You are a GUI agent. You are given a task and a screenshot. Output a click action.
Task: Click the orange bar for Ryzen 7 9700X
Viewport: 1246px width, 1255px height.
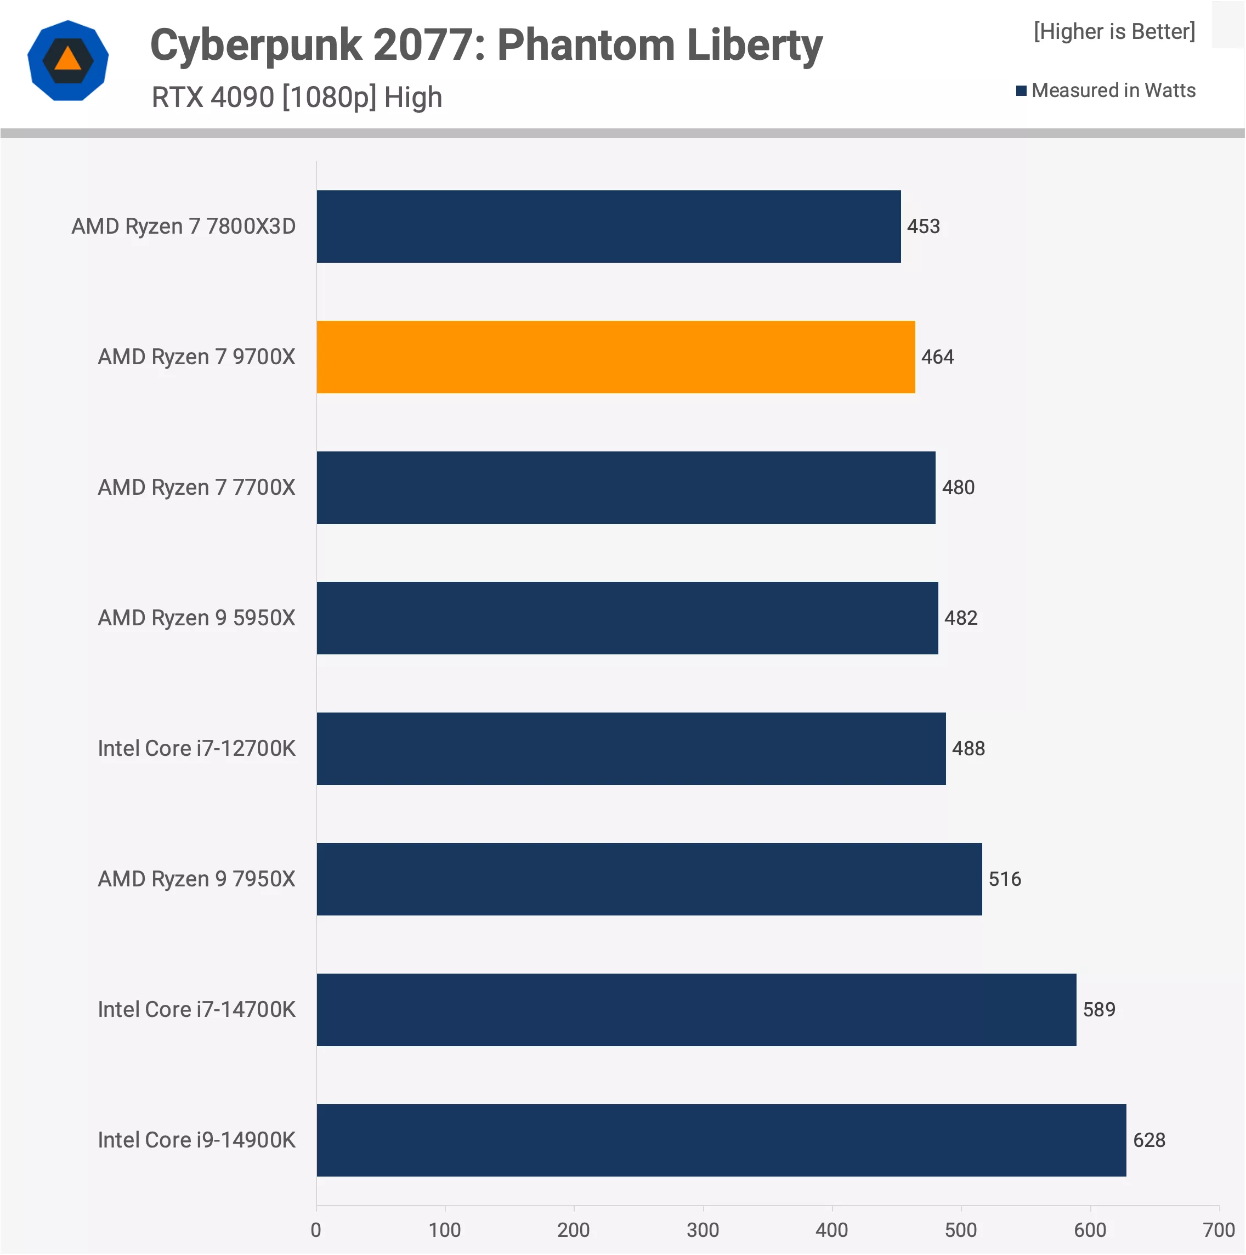(x=615, y=357)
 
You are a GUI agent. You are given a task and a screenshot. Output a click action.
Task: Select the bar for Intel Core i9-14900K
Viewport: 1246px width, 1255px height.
(x=721, y=1139)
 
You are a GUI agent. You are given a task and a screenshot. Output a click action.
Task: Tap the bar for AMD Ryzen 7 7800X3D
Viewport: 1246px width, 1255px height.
(x=608, y=226)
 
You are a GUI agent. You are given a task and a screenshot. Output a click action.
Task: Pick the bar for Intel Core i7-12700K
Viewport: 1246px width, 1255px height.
(x=631, y=748)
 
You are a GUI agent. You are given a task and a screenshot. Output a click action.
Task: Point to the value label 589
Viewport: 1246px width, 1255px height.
(x=1098, y=1009)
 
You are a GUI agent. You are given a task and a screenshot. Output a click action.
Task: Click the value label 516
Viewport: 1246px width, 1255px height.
(x=1004, y=879)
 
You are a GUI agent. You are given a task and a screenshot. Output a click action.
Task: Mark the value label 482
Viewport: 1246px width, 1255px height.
(x=960, y=618)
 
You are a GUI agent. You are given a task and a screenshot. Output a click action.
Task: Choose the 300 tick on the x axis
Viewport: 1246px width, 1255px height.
(x=703, y=1230)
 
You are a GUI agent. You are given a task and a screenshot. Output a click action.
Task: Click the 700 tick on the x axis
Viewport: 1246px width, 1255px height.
(x=1218, y=1230)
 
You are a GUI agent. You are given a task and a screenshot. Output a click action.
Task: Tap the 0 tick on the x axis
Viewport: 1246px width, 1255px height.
(x=316, y=1230)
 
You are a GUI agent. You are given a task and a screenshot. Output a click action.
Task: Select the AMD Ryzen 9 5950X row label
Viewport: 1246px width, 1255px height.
(x=196, y=618)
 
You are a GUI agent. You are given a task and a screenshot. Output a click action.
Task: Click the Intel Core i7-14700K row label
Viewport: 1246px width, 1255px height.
(x=196, y=1009)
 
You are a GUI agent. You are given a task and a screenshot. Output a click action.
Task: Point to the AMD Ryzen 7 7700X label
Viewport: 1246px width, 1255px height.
(x=196, y=487)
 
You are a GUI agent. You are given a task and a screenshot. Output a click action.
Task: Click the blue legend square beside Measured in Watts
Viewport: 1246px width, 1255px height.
(x=1021, y=91)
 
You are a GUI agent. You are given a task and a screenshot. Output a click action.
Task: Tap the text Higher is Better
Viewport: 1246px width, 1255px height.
(x=1114, y=31)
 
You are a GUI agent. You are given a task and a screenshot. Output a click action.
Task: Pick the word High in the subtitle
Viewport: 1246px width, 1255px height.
(x=413, y=98)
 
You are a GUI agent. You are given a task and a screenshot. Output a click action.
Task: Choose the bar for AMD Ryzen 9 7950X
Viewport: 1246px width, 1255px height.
(x=649, y=879)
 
